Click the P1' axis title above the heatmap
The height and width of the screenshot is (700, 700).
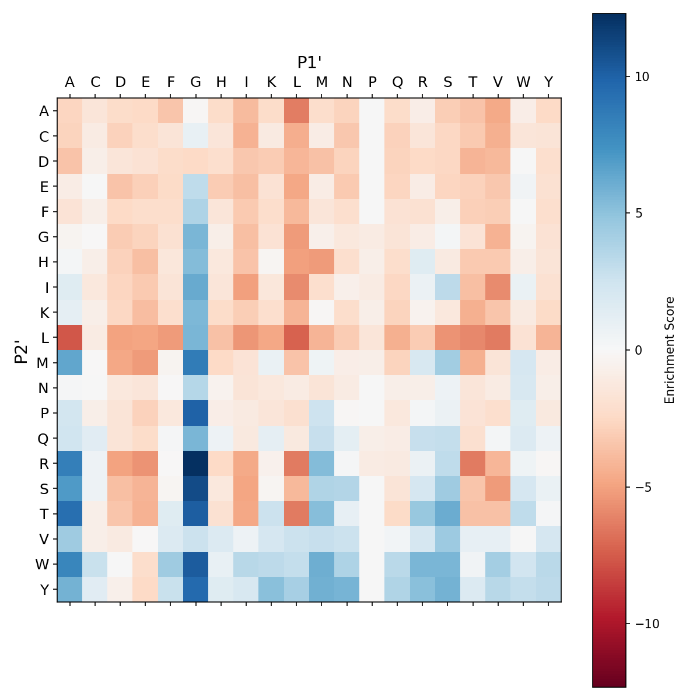pos(309,62)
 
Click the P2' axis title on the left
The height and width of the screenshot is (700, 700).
pos(22,350)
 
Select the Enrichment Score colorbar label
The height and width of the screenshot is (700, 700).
pos(670,350)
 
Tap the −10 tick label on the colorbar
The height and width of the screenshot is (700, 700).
pos(645,624)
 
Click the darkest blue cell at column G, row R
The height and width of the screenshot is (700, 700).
pos(196,463)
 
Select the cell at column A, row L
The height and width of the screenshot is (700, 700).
pos(70,337)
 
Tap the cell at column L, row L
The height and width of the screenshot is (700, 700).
pos(297,337)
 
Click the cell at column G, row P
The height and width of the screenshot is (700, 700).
pos(196,413)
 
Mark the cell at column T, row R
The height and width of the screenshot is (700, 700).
pos(473,463)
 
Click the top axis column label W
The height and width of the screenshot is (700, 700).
pos(523,82)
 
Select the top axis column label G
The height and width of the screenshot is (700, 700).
pos(196,82)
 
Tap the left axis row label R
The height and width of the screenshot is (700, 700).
pos(43,463)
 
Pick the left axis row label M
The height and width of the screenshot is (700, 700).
pos(43,363)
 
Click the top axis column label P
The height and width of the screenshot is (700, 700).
pos(372,82)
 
